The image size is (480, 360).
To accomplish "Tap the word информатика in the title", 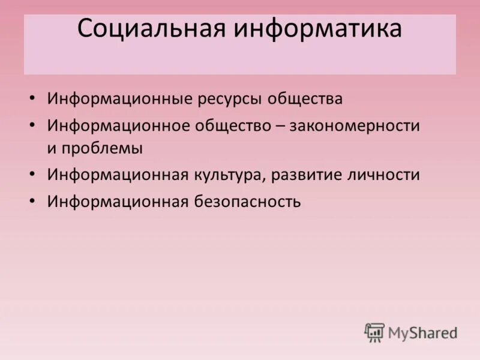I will pos(318,28).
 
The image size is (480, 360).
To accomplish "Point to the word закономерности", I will pos(354,126).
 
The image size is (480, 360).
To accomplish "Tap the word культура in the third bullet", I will pos(230,175).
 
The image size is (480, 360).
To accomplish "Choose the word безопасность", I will pos(247,202).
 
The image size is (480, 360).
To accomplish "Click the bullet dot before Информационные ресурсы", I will pos(32,98).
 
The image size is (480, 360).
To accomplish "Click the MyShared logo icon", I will pos(374,332).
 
